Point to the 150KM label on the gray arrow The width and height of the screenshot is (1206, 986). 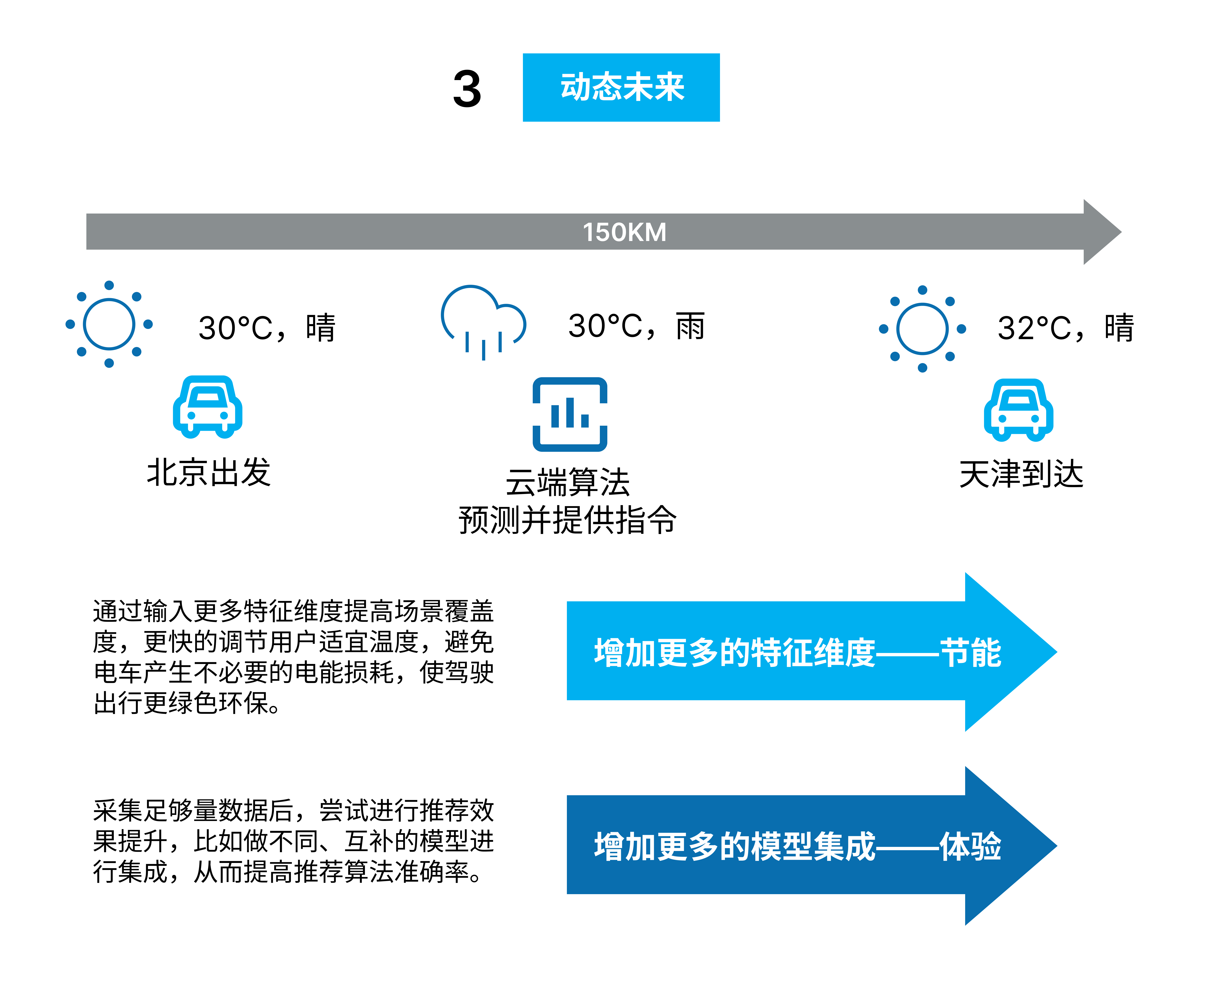[624, 232]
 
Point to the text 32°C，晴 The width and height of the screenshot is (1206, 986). [1066, 328]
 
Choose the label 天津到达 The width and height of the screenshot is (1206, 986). [1021, 474]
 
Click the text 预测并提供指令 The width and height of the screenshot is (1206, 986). [567, 520]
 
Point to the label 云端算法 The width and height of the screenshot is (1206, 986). [567, 483]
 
